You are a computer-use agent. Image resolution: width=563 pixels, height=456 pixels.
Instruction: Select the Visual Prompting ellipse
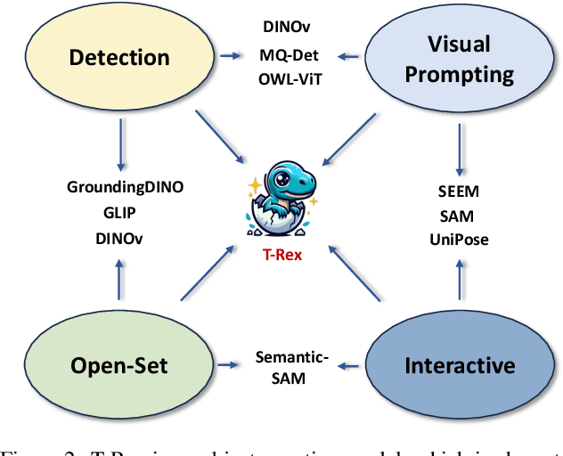click(460, 59)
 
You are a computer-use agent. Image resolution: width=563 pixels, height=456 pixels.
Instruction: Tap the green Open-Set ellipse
click(119, 365)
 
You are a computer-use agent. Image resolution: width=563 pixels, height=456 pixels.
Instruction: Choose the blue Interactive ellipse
click(460, 365)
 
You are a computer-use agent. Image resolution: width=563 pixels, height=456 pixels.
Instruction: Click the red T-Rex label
click(281, 253)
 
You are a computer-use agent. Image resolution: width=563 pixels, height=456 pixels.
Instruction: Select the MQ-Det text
click(289, 57)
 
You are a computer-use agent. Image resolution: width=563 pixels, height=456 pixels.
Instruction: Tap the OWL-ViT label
click(289, 78)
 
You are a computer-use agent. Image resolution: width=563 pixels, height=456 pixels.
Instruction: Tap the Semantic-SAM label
click(293, 366)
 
